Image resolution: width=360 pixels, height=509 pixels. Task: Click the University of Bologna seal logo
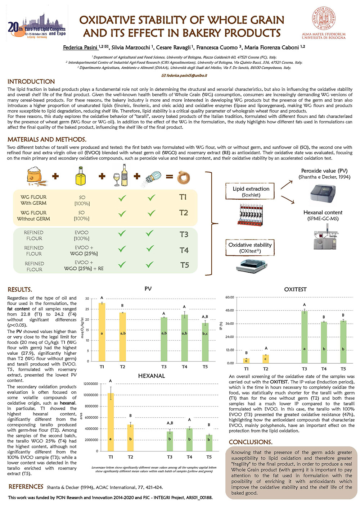323,19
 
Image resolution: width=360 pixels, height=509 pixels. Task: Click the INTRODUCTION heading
31,82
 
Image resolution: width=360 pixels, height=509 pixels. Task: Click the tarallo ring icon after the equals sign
184,177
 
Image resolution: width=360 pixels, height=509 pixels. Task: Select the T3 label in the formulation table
184,235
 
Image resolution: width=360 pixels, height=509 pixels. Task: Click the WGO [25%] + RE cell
84,268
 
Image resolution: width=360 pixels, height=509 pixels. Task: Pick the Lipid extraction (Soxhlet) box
251,191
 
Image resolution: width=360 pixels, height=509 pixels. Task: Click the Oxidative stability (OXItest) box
250,247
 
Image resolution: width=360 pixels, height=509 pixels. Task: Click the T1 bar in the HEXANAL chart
111,422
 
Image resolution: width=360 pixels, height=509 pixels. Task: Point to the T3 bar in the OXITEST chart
304,337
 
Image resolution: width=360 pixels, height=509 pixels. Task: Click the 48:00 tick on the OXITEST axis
229,310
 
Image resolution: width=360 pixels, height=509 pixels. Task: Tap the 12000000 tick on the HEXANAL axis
90,384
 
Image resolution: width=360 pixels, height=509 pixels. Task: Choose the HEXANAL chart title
151,376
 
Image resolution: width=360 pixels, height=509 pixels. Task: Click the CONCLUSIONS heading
251,442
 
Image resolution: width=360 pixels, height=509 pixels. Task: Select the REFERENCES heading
26,487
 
